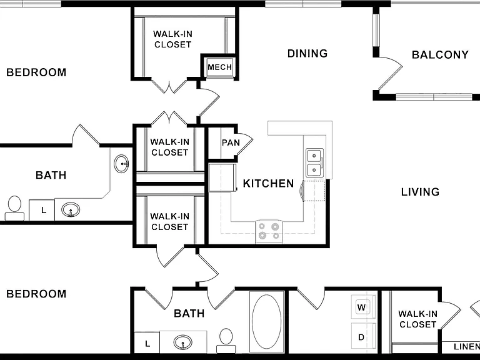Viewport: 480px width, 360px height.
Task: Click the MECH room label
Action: pyautogui.click(x=219, y=67)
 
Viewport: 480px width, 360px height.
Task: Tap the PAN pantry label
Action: pyautogui.click(x=231, y=142)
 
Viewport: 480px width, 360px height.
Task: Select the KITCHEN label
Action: pyautogui.click(x=269, y=183)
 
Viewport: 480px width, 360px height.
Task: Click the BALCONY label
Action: pyautogui.click(x=440, y=55)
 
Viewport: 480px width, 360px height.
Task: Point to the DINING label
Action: pyautogui.click(x=307, y=53)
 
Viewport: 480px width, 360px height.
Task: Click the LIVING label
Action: pyautogui.click(x=420, y=192)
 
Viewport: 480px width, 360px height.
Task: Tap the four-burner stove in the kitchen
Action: pyautogui.click(x=269, y=231)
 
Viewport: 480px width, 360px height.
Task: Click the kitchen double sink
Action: pyautogui.click(x=314, y=163)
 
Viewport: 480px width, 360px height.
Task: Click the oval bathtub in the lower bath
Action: pyautogui.click(x=267, y=321)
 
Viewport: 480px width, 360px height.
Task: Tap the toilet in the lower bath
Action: pyautogui.click(x=226, y=341)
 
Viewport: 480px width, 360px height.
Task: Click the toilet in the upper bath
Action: pyautogui.click(x=14, y=208)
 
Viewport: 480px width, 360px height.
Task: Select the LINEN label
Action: pyautogui.click(x=466, y=346)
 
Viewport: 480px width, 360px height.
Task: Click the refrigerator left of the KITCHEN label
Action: pyautogui.click(x=222, y=178)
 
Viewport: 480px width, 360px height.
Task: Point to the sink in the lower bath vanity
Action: pyautogui.click(x=182, y=342)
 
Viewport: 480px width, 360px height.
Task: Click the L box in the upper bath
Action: pyautogui.click(x=42, y=210)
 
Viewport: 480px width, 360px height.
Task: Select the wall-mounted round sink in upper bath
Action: pyautogui.click(x=121, y=164)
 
